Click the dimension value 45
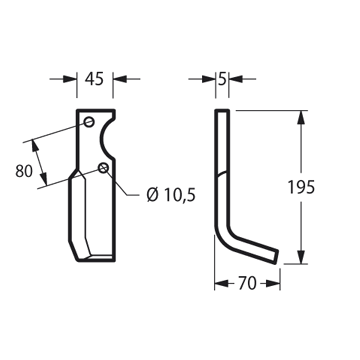click(94, 79)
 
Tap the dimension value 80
click(24, 171)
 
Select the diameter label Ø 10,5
click(171, 195)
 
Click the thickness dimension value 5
click(222, 79)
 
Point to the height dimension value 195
click(301, 187)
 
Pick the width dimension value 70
click(247, 284)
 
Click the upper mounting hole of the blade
click(89, 122)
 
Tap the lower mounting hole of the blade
click(104, 168)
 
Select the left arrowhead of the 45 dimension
click(70, 79)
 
